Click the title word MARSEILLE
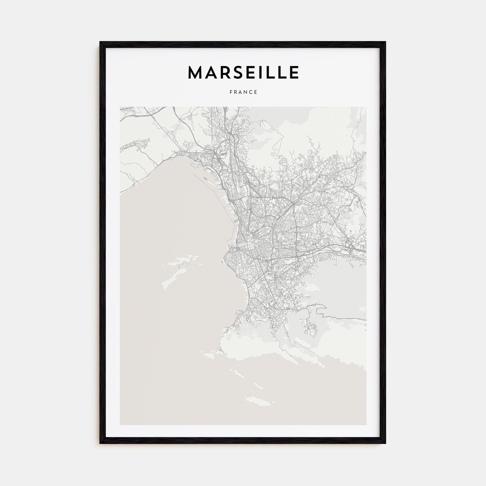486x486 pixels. click(x=243, y=72)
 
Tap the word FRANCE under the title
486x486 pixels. click(x=243, y=92)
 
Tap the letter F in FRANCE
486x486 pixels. click(x=231, y=92)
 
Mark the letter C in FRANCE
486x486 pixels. click(x=251, y=92)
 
